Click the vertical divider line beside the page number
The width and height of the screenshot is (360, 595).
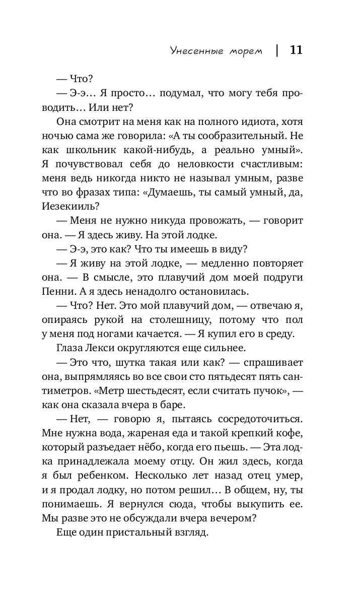coord(277,50)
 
